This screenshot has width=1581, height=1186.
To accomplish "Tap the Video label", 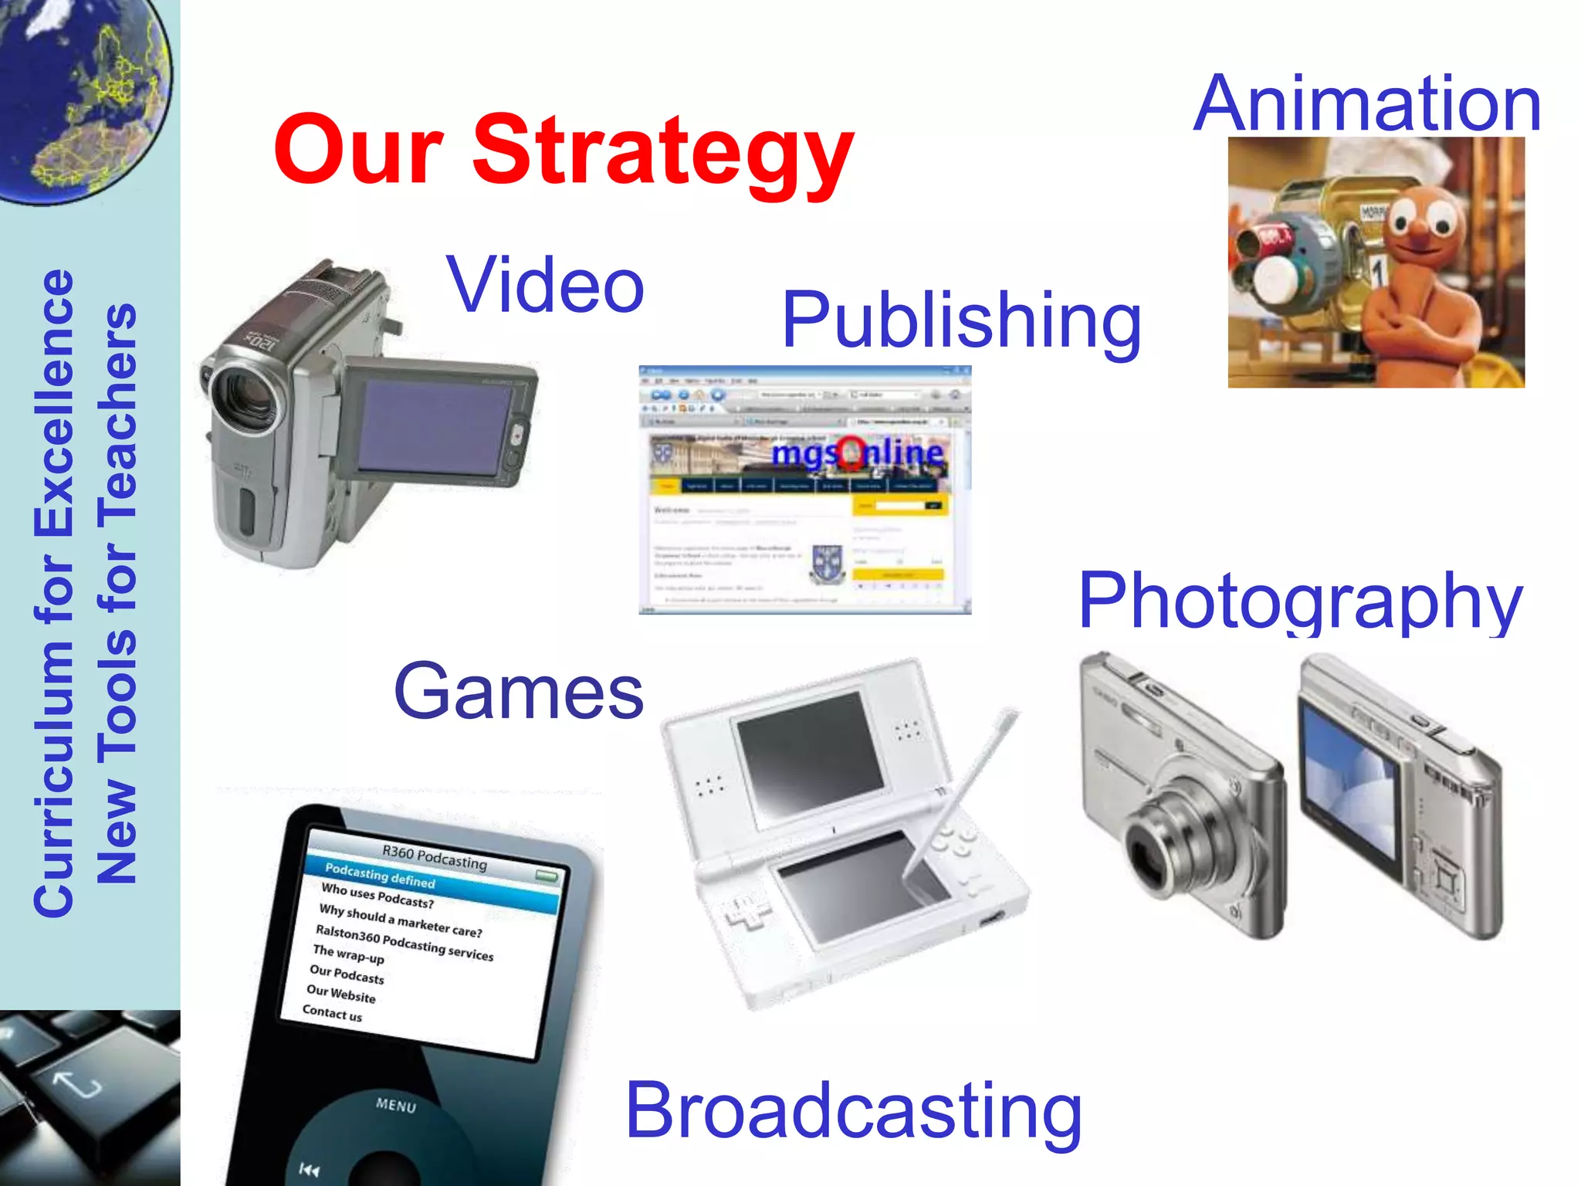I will coord(545,286).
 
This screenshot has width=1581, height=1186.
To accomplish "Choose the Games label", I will coord(518,692).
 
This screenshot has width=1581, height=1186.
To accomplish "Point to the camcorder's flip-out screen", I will coord(436,426).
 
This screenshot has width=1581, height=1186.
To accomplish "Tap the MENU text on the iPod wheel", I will coord(396,1105).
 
